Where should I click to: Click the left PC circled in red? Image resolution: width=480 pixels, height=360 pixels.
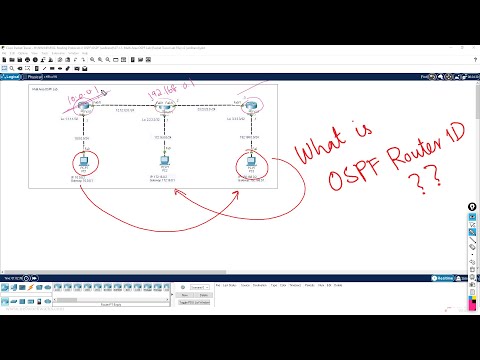tap(80, 162)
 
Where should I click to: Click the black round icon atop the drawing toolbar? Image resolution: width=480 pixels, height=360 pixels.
tap(472, 208)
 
